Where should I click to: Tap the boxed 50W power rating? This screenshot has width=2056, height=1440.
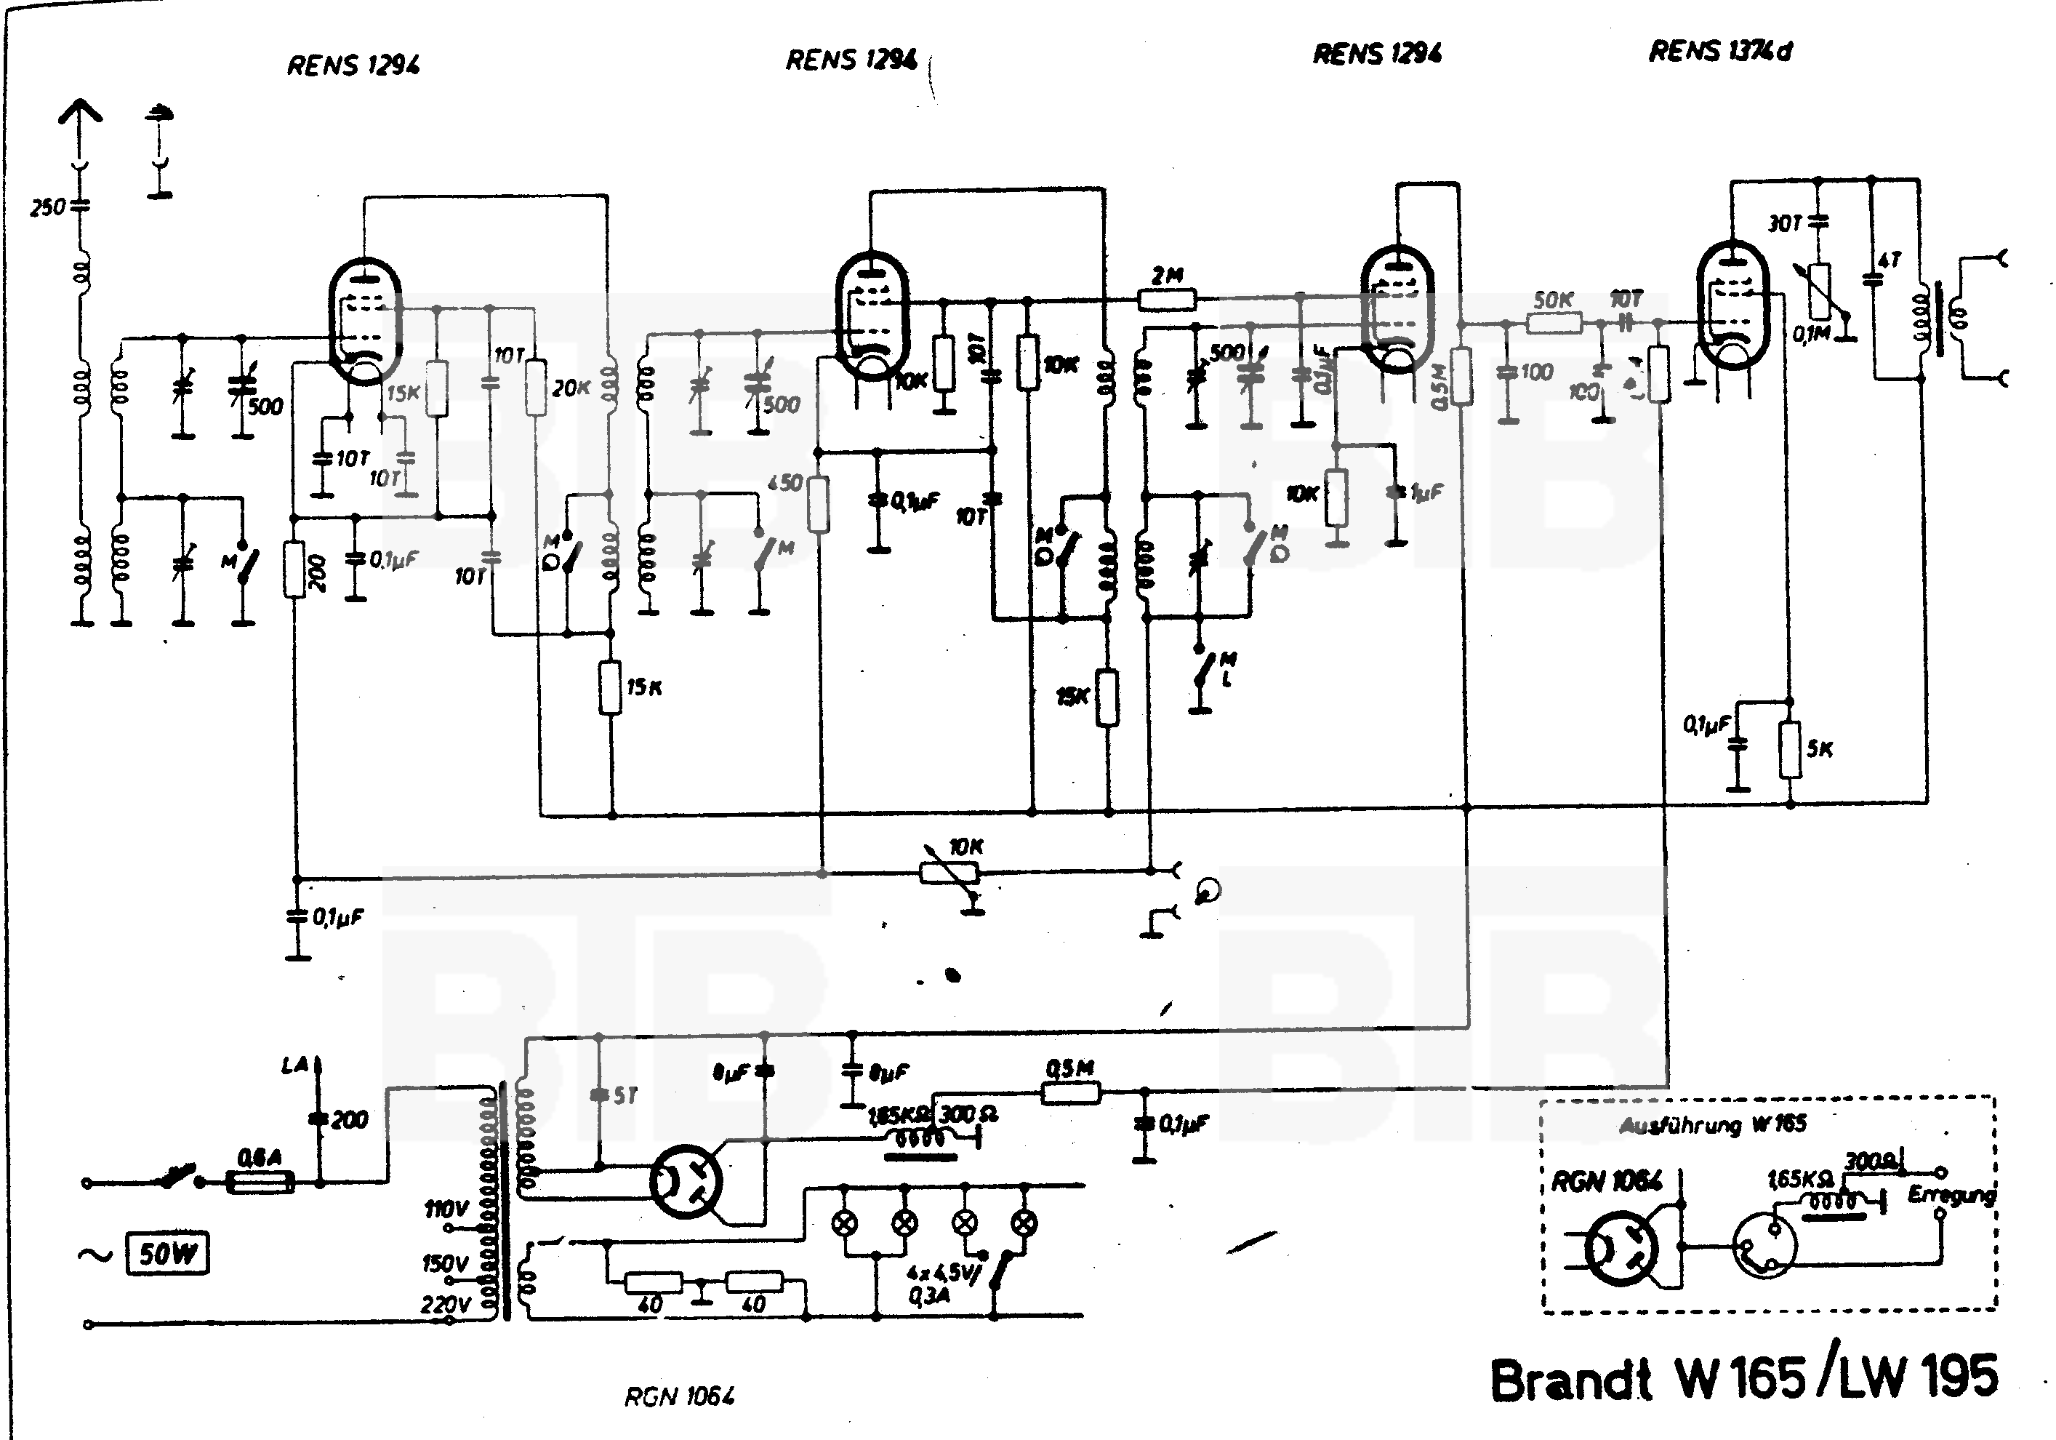coord(167,1254)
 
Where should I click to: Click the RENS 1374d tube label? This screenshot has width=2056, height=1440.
coord(1719,52)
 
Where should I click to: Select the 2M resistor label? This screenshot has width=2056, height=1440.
coord(1166,276)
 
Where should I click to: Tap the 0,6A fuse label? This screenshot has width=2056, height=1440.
coord(259,1159)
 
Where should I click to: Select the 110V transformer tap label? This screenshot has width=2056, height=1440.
coord(445,1210)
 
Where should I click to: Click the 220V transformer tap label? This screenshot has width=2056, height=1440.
coord(445,1305)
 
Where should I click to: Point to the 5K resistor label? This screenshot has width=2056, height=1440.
coord(1820,748)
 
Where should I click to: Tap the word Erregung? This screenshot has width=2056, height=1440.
coord(1951,1195)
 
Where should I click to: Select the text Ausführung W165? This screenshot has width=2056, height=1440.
coord(1712,1125)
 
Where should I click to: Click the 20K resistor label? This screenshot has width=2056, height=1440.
coord(571,388)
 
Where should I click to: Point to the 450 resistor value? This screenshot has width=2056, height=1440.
coord(784,484)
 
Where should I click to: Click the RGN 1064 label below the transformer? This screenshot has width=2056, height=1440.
coord(680,1396)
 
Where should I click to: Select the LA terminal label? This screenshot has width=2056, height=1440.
coord(294,1065)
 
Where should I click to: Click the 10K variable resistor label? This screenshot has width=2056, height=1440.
coord(966,847)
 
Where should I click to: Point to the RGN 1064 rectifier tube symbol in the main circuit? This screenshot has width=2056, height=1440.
coord(685,1181)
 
